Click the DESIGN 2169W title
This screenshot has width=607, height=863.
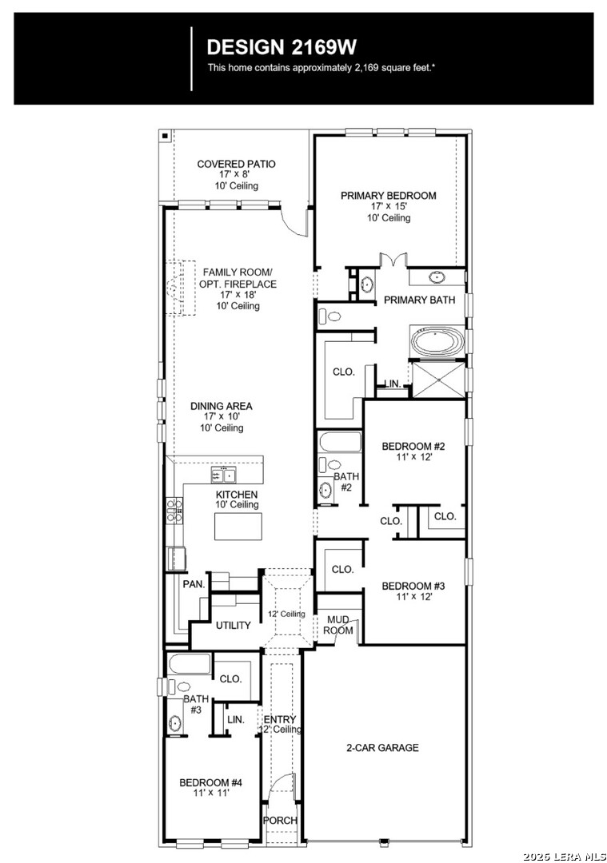point(282,47)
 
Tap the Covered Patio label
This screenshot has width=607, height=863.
point(236,164)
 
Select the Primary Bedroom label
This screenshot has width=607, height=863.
point(389,196)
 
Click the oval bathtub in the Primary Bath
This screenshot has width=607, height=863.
point(437,342)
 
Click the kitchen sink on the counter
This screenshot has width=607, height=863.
point(223,475)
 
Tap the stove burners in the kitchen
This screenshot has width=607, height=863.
point(174,510)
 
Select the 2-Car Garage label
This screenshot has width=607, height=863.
point(382,747)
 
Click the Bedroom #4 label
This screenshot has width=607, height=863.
point(211,782)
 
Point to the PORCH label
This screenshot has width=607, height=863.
point(280,820)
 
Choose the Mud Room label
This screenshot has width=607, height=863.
point(338,625)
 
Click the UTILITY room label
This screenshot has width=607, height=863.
point(233,625)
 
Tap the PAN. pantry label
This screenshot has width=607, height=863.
point(194,584)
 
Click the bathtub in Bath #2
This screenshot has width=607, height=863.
point(340,442)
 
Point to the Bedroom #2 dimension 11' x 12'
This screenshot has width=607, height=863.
point(413,457)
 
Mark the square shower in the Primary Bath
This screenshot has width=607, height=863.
point(438,379)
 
